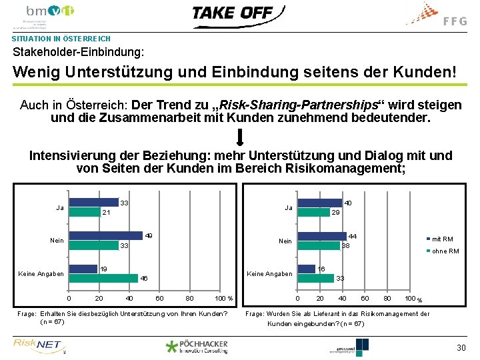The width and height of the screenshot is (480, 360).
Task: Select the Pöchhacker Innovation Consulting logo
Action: click(197, 346)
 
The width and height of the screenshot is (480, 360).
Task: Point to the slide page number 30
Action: click(461, 348)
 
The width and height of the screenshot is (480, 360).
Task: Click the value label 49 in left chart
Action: click(149, 236)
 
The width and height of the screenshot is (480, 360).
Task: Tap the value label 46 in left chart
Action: click(144, 278)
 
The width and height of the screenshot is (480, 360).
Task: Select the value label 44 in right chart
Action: click(353, 237)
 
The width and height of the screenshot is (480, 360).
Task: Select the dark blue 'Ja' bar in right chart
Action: click(319, 203)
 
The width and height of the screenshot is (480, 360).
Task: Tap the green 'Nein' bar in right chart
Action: click(318, 245)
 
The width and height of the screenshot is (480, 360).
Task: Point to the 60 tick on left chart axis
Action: click(159, 297)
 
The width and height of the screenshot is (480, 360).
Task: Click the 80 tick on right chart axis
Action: click(387, 297)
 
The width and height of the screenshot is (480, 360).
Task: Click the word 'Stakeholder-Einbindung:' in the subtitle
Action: click(78, 51)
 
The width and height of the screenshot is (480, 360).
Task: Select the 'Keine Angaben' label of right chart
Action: click(269, 274)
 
